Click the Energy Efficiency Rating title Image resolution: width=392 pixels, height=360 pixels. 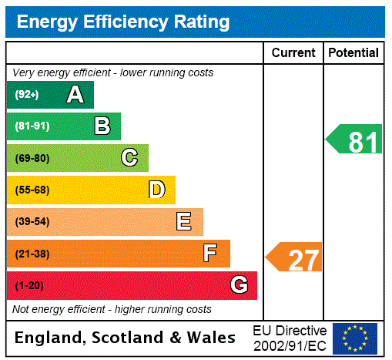[123, 22]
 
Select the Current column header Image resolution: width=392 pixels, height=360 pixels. [293, 53]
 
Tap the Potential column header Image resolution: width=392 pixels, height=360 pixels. [353, 53]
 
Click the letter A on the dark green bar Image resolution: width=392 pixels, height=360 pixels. [75, 95]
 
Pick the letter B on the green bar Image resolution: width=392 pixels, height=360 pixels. [102, 126]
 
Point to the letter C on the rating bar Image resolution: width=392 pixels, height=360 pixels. [129, 158]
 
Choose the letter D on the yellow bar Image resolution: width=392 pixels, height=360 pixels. [156, 190]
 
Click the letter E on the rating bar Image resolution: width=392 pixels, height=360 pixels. [184, 222]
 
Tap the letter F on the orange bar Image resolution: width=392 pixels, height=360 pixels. [210, 254]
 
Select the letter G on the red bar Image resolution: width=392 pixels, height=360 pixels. [239, 285]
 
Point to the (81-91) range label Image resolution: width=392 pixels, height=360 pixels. [32, 126]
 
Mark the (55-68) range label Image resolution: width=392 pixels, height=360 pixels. [32, 190]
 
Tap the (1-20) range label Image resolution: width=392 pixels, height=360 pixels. [28, 286]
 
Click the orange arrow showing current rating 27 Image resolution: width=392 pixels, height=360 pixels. [295, 258]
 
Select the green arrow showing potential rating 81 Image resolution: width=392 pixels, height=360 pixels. [355, 141]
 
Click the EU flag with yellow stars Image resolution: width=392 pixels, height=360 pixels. [355, 338]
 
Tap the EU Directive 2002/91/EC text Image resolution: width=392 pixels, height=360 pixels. [290, 338]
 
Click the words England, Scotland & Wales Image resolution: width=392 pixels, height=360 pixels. [126, 338]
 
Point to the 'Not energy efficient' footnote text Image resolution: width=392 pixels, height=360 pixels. [112, 309]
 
